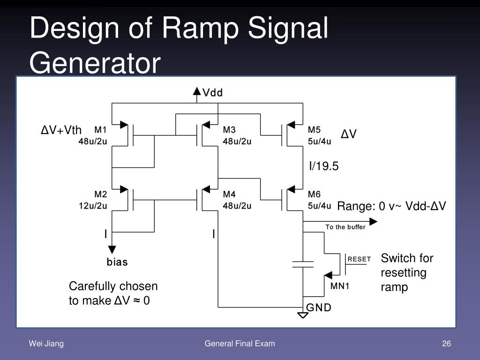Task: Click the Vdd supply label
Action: coord(212,92)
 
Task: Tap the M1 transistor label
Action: coord(100,130)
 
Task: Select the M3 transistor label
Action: coord(229,130)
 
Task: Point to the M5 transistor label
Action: coord(314,130)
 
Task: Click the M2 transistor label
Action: coord(101,194)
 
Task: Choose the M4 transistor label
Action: coord(229,194)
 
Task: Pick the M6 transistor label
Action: coord(314,194)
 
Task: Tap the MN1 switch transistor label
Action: coord(340,286)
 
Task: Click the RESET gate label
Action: coord(359,259)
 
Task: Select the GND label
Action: coord(319,307)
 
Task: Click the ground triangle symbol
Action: coord(303,315)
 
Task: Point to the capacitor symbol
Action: coord(303,264)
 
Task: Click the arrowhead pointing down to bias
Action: coord(112,249)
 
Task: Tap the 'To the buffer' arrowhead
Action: coord(373,221)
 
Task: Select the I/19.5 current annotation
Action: coord(324,166)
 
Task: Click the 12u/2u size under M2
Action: coord(93,206)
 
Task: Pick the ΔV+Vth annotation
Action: coord(61,130)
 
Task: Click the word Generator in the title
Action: coord(95,62)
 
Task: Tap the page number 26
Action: coord(446,344)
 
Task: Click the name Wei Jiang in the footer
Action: coord(46,344)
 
